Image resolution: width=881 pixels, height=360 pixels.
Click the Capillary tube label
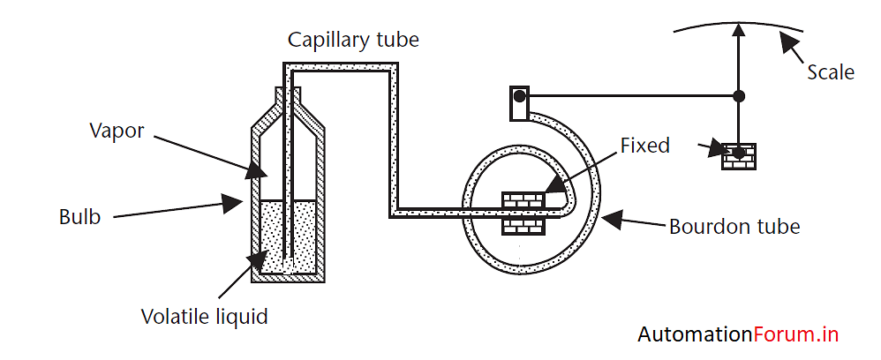pos(354,40)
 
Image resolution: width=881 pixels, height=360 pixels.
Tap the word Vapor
pos(117,131)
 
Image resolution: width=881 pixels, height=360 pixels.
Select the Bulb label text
pos(80,216)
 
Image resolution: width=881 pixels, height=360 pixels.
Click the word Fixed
pos(645,145)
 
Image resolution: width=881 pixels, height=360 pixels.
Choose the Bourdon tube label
pos(734,227)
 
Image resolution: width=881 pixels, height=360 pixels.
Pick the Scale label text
pos(831,71)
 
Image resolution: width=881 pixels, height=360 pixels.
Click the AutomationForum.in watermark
pos(737,334)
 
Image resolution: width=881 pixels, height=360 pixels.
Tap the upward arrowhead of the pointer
pos(740,30)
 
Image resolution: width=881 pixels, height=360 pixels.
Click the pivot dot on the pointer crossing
pos(740,95)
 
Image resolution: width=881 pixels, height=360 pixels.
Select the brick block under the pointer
pos(740,156)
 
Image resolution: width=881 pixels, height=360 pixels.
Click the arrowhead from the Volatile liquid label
pos(257,258)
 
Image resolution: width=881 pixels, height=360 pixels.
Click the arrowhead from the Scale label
pos(783,38)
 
